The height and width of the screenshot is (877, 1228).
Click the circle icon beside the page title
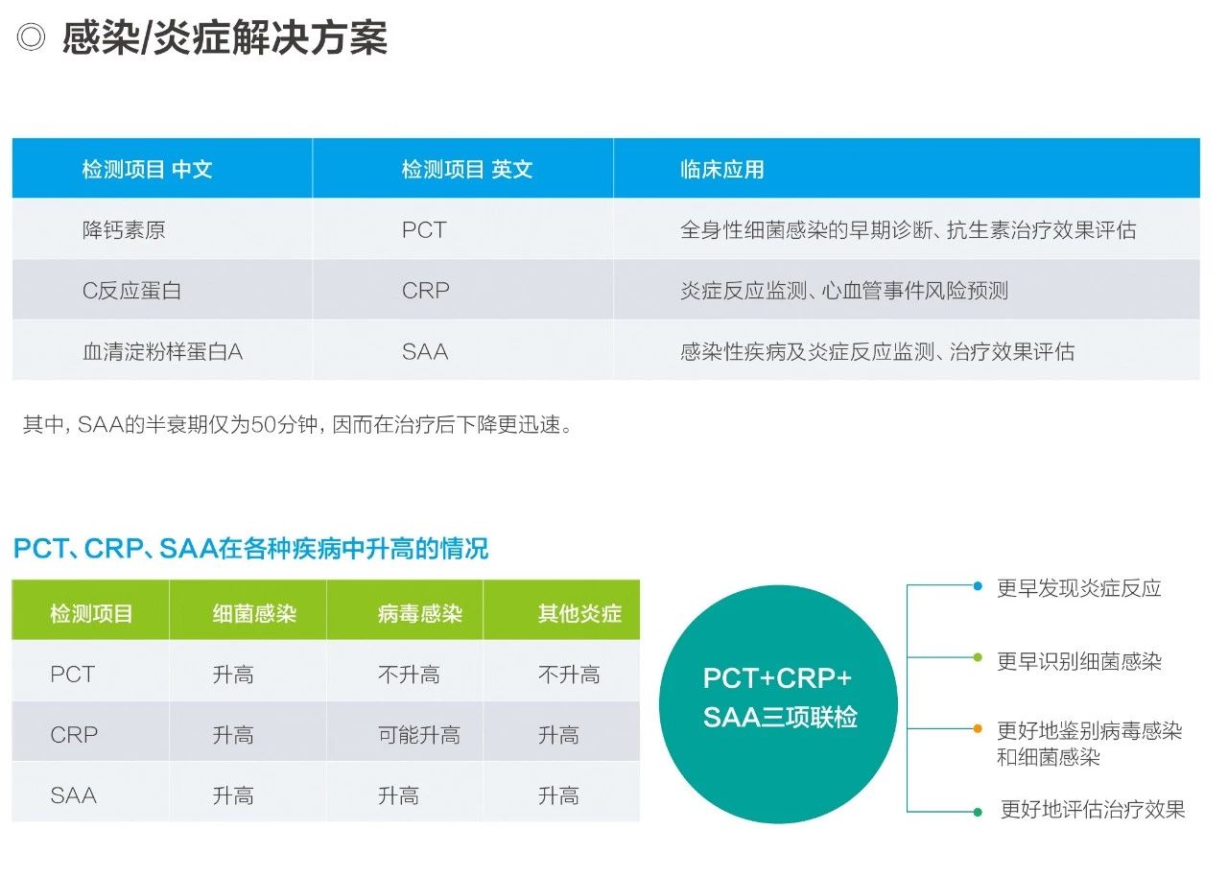pos(31,37)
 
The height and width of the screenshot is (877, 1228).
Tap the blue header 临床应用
pos(722,170)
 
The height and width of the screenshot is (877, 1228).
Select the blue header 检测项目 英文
pos(466,170)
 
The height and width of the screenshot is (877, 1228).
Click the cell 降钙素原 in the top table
pos(124,229)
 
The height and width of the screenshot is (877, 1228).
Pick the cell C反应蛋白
pos(131,291)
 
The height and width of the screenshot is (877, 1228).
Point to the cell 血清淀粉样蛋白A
pos(162,351)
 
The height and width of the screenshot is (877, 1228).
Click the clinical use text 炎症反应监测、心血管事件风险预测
pos(844,291)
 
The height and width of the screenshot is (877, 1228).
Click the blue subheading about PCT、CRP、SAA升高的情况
pos(250,548)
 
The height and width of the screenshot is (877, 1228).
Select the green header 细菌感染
pos(254,613)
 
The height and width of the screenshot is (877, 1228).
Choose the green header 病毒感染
pos(420,613)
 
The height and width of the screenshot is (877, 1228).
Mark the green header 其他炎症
pos(579,613)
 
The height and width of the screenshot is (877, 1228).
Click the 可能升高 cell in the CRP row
pos(419,734)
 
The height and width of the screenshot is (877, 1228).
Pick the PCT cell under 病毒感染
pos(409,675)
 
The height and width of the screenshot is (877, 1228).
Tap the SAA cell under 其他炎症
pos(558,795)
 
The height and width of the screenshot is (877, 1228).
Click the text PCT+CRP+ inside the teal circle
pos(777,678)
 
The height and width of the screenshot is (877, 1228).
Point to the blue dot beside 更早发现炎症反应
pos(978,586)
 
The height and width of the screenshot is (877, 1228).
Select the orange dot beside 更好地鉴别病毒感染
pos(978,728)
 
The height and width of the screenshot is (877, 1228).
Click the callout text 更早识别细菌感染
pos(1079,661)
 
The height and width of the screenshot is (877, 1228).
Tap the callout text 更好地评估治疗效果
pos(1093,809)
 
